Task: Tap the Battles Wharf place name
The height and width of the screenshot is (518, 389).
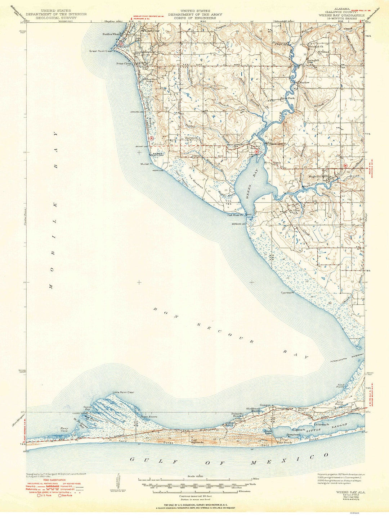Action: (111, 34)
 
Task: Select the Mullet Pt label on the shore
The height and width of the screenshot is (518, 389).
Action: (147, 164)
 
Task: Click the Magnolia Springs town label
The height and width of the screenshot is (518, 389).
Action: (320, 177)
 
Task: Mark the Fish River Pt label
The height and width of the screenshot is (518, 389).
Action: (236, 215)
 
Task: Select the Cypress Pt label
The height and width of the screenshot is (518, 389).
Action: (287, 293)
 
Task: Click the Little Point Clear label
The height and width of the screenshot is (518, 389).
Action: (123, 392)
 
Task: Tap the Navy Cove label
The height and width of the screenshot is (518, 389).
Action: (64, 429)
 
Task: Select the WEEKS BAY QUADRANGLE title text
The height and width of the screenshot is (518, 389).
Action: (341, 15)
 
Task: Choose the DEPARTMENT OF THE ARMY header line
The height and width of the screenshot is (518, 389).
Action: (196, 14)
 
